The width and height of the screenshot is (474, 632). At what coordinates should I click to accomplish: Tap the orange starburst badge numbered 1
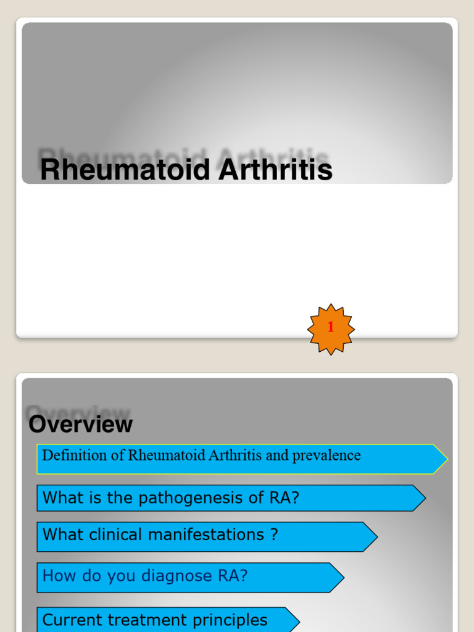[x=331, y=329]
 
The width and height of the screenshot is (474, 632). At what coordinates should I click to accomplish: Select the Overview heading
[x=81, y=425]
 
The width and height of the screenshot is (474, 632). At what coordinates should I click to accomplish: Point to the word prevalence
[x=326, y=455]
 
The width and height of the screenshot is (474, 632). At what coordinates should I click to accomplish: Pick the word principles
[x=235, y=620]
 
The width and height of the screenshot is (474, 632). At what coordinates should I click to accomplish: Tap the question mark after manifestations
[x=274, y=534]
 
